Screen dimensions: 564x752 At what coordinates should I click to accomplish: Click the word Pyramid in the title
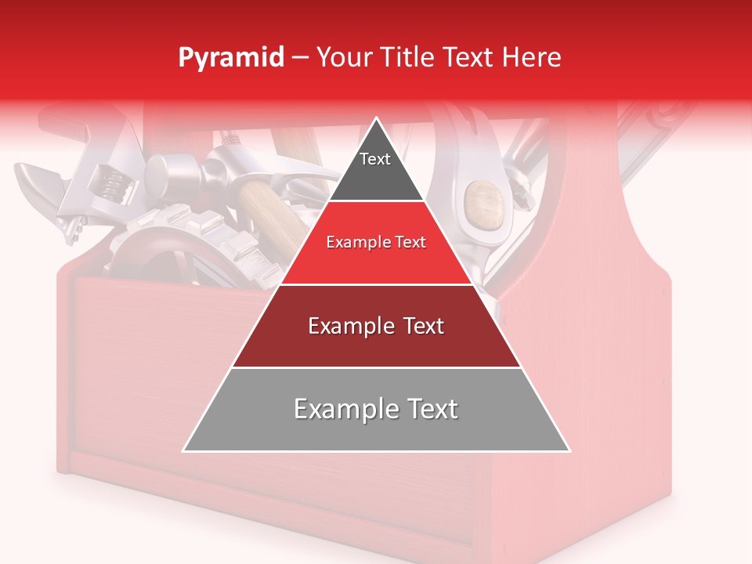coord(230,58)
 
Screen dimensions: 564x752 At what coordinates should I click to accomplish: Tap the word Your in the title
coord(345,57)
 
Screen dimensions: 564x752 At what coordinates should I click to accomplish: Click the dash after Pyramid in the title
coord(300,58)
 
